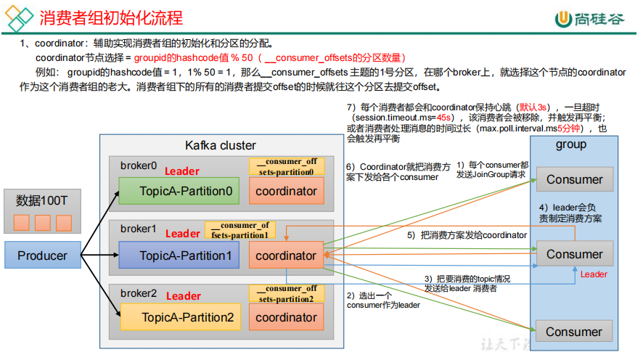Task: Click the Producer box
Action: click(x=43, y=255)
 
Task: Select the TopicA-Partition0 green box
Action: click(x=179, y=191)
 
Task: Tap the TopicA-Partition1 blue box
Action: click(x=179, y=255)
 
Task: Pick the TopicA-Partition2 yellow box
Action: click(x=181, y=317)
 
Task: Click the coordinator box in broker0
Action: click(x=286, y=191)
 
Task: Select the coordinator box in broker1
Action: click(x=286, y=255)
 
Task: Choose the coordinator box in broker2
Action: click(x=286, y=317)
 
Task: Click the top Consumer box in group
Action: click(x=575, y=179)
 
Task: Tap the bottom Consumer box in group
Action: click(x=574, y=331)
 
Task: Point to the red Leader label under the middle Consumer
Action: click(x=594, y=274)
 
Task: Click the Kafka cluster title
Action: click(x=221, y=145)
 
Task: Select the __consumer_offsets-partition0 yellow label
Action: click(x=287, y=166)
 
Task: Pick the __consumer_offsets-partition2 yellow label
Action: click(x=287, y=293)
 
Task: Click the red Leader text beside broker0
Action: click(x=182, y=171)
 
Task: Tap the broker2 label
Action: click(x=139, y=293)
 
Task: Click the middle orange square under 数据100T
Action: click(x=43, y=223)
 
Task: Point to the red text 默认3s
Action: click(x=533, y=107)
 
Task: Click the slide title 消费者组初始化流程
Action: click(x=111, y=17)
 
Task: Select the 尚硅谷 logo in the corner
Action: click(x=590, y=19)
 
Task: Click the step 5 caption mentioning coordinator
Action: click(x=467, y=235)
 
